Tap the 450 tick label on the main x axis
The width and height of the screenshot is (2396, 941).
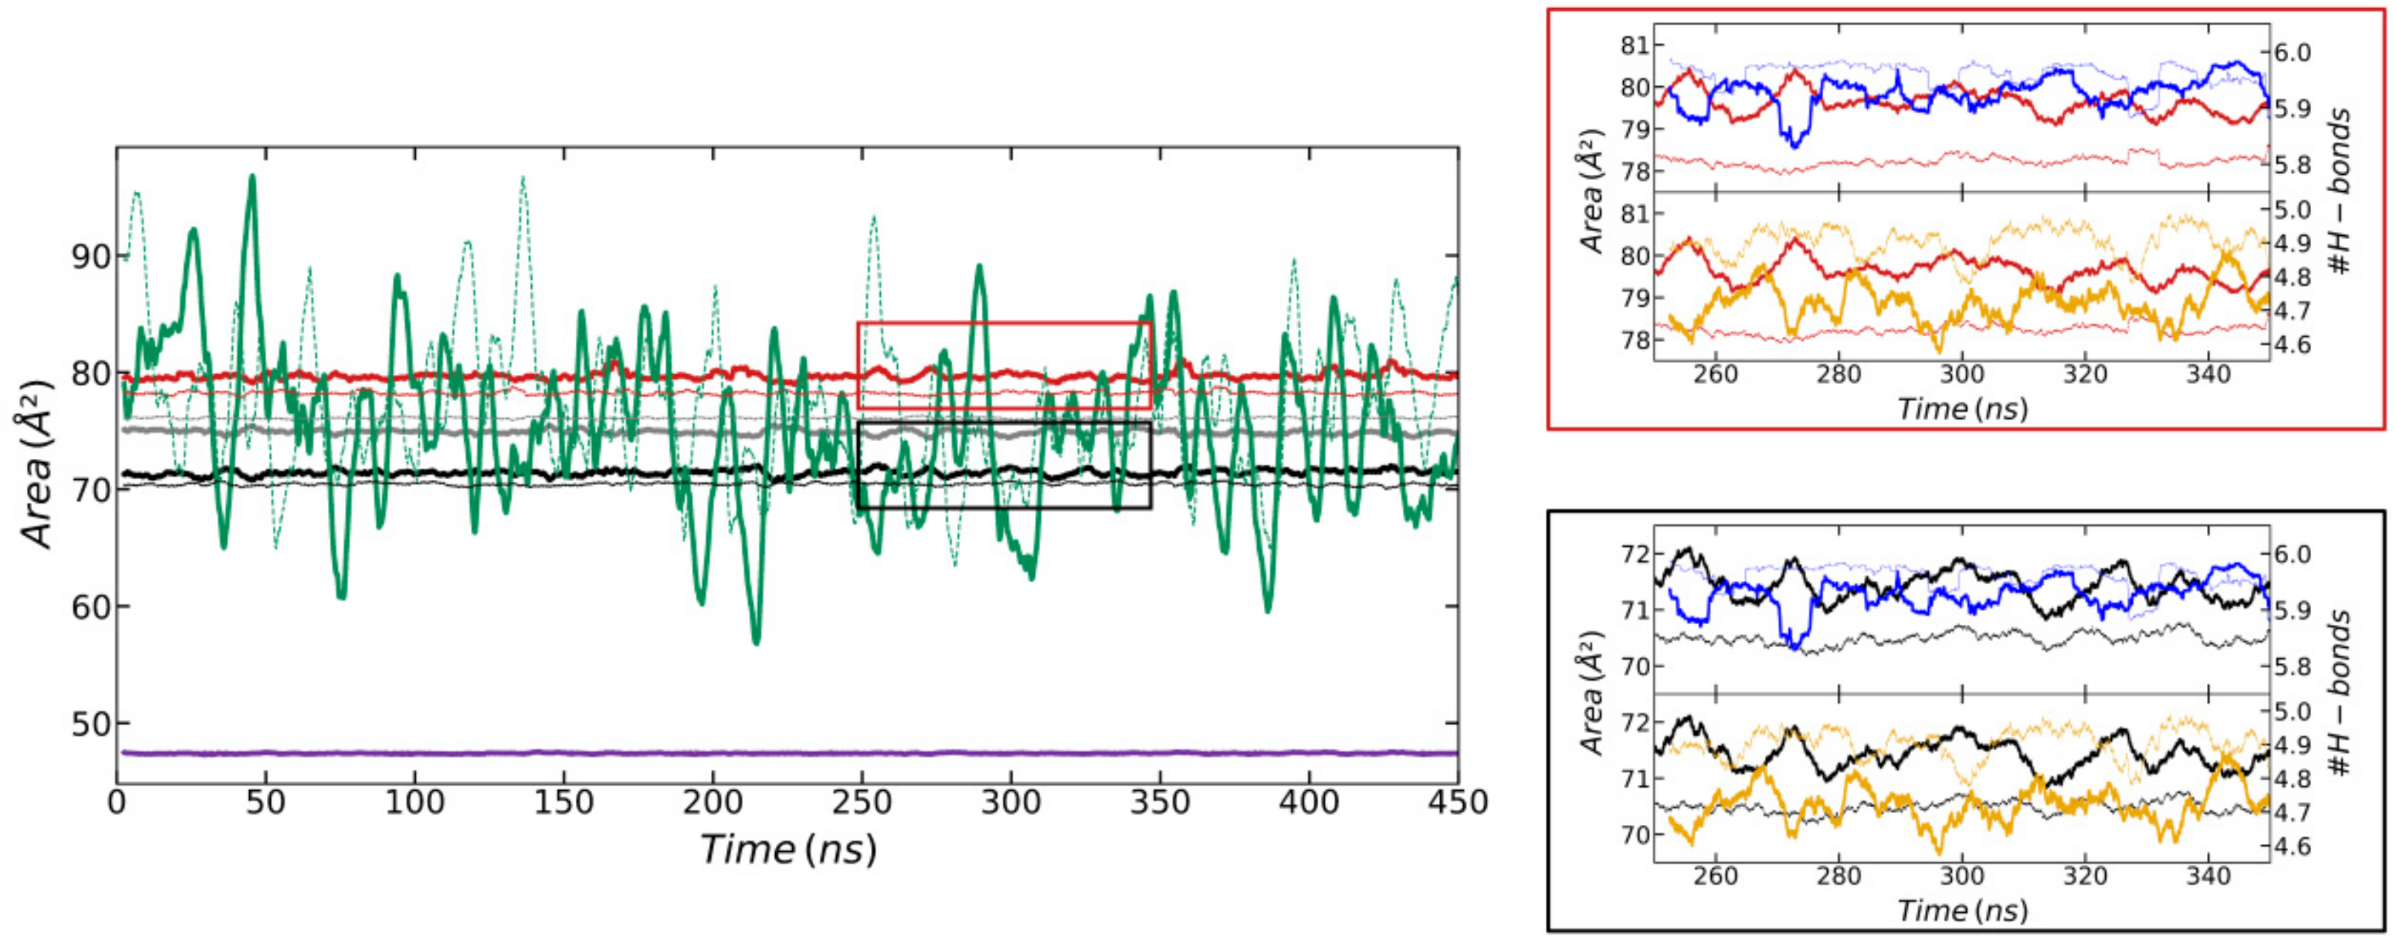click(1456, 802)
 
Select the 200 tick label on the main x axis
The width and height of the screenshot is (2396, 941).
click(713, 802)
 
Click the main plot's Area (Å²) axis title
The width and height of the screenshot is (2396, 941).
click(37, 465)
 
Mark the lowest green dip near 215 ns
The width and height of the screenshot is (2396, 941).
click(757, 641)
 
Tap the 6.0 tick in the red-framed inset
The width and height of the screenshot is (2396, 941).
click(2292, 52)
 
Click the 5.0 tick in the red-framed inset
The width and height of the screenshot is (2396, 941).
click(2292, 210)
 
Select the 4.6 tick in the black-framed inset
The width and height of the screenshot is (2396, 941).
click(2292, 847)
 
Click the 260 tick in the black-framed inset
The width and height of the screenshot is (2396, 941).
click(1715, 876)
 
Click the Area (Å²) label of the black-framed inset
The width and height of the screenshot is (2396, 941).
click(1593, 693)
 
